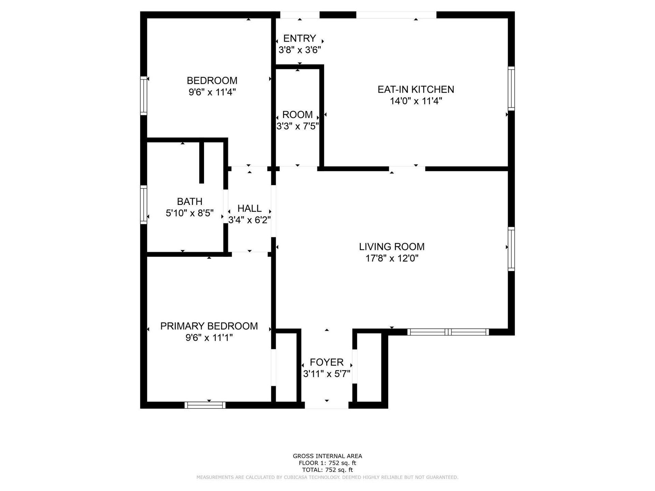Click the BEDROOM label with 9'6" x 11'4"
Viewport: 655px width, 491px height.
[x=212, y=81]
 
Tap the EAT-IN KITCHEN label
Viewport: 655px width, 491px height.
[x=416, y=89]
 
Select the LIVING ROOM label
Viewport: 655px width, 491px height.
[x=392, y=247]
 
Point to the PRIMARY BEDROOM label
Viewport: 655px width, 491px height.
[x=209, y=326]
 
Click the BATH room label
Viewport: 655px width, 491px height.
[x=190, y=202]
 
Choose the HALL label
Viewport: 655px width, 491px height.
[x=249, y=208]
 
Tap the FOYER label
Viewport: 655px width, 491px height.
[x=326, y=362]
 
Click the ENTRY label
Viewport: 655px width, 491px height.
[x=300, y=38]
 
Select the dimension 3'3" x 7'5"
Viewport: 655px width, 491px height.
[x=297, y=127]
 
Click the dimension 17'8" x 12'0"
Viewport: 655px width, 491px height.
[x=392, y=258]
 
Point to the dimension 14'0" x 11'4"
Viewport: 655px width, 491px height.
[x=416, y=101]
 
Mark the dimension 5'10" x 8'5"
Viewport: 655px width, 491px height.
[x=190, y=213]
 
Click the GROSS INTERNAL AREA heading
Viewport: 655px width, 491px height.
[x=327, y=456]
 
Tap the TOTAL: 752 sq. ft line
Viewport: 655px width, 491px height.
[x=327, y=470]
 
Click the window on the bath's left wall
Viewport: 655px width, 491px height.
[x=144, y=205]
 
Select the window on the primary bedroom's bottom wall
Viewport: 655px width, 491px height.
[x=205, y=405]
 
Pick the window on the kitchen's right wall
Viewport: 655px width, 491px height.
[x=511, y=89]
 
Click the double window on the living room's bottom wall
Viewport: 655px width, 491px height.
[x=448, y=332]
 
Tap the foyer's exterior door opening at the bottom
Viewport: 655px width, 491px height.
[x=326, y=405]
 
